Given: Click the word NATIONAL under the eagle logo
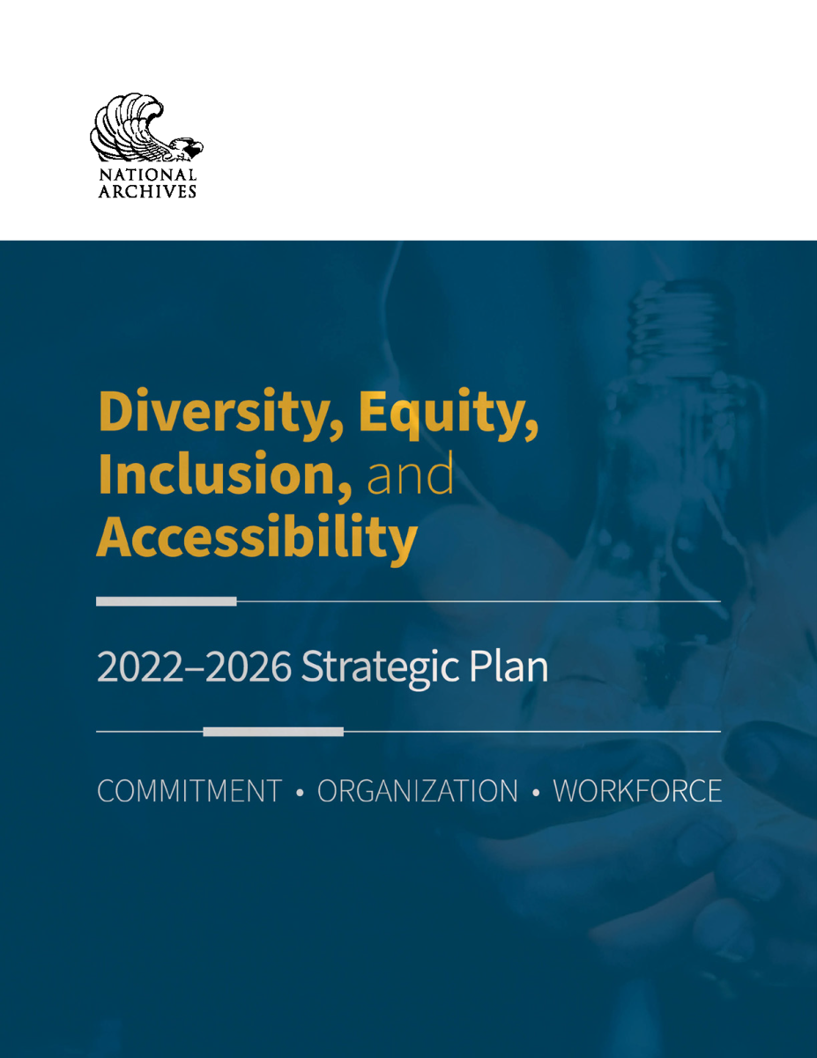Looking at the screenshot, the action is pos(147,175).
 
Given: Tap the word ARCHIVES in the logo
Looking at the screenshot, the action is pos(147,192).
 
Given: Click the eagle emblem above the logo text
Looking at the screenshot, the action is pos(146,128).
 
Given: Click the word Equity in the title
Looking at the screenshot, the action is pos(449,413).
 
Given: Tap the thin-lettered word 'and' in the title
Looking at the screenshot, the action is pos(410,473).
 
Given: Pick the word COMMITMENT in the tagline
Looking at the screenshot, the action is pos(189,791).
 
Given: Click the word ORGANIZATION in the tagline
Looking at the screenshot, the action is pos(418,791).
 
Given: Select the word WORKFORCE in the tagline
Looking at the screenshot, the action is pos(637,791).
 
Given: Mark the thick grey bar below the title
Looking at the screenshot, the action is pos(167,601).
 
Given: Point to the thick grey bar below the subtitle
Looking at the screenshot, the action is pos(273,731).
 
